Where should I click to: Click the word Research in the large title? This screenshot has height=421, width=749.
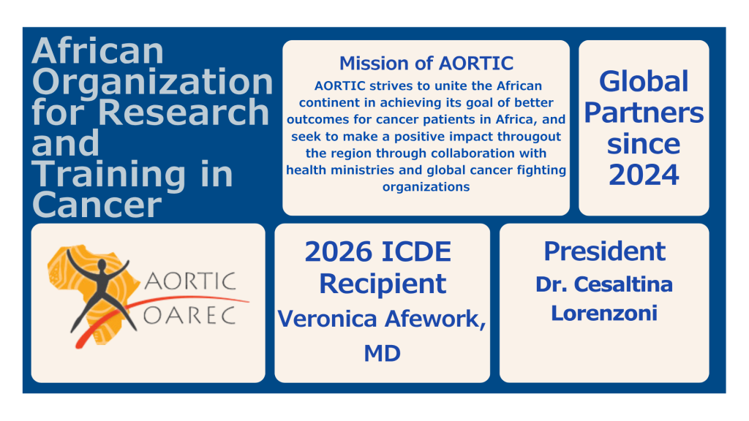184,112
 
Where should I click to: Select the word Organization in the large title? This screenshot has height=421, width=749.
152,82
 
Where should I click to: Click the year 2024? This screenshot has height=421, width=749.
644,175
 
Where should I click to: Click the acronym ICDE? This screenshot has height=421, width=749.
416,251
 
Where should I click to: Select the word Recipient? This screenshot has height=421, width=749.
383,284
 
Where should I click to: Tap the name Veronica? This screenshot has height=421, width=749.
327,319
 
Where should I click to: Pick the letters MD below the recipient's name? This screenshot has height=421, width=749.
382,354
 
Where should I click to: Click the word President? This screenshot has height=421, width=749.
604,251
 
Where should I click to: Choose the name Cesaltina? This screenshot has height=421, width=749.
623,284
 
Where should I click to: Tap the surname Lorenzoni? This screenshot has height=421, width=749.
604,313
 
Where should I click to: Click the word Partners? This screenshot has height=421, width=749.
644,113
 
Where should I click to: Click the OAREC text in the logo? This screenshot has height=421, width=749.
189,316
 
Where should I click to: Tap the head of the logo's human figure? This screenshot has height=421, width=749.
102,265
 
